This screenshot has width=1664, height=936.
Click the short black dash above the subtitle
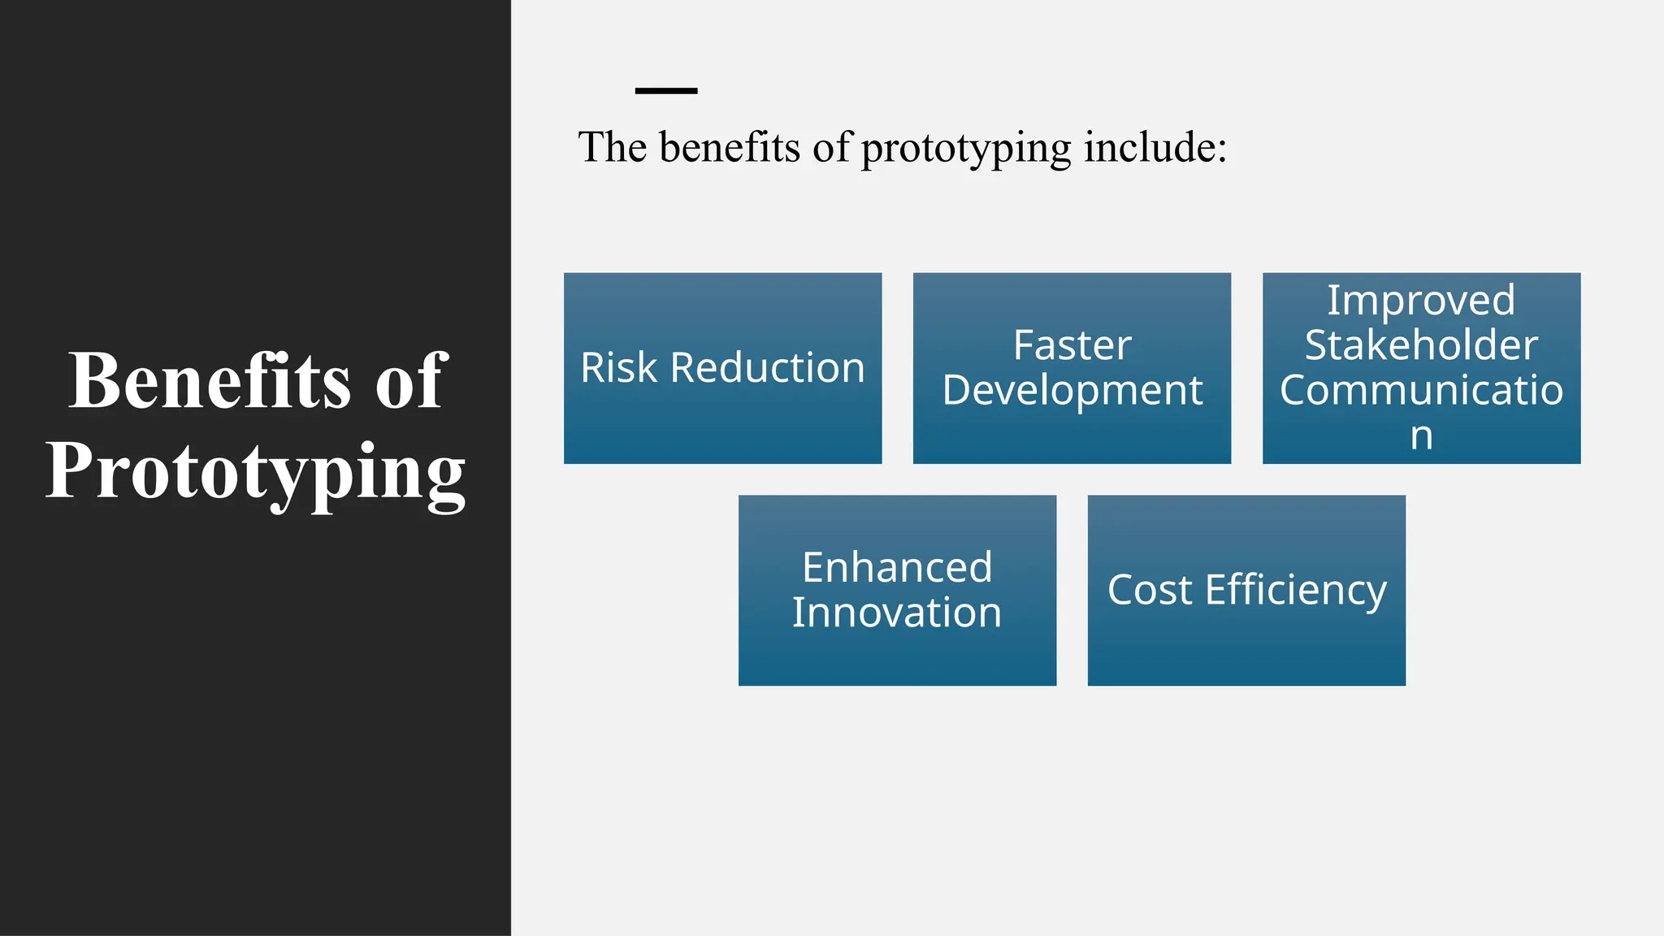pyautogui.click(x=665, y=90)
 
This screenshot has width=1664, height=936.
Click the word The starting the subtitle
pyautogui.click(x=612, y=148)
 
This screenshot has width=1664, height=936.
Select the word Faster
pyautogui.click(x=1072, y=345)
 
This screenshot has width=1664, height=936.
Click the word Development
pyautogui.click(x=1072, y=391)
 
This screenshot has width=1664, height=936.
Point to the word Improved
pyautogui.click(x=1421, y=301)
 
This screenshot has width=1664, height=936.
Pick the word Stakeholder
pyautogui.click(x=1421, y=345)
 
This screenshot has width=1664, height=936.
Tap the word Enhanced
pyautogui.click(x=897, y=567)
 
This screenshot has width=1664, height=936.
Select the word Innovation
pyautogui.click(x=897, y=613)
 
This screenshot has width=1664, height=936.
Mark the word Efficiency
pyautogui.click(x=1295, y=591)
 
